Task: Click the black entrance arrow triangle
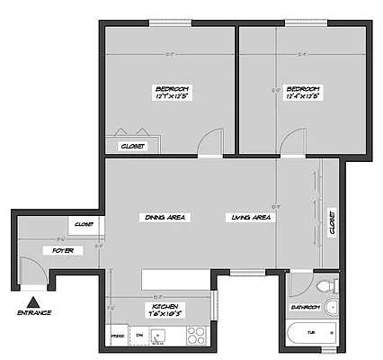pos(33,302)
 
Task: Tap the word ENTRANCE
pos(34,314)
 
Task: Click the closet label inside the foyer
pos(84,224)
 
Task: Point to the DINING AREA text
pos(165,217)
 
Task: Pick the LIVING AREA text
pos(251,217)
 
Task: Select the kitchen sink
pos(158,337)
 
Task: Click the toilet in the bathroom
pos(328,286)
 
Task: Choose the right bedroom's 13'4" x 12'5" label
pos(303,93)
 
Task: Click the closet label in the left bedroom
pos(133,145)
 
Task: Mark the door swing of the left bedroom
pos(209,142)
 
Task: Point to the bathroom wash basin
pos(330,308)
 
